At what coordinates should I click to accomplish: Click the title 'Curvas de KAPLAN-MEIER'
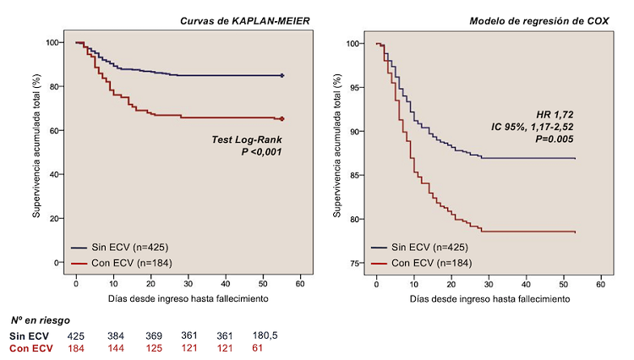click(241, 19)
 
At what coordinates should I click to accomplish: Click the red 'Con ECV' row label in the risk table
click(31, 348)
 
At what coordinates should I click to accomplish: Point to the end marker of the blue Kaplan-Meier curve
click(281, 75)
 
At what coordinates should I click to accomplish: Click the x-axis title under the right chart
click(488, 299)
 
